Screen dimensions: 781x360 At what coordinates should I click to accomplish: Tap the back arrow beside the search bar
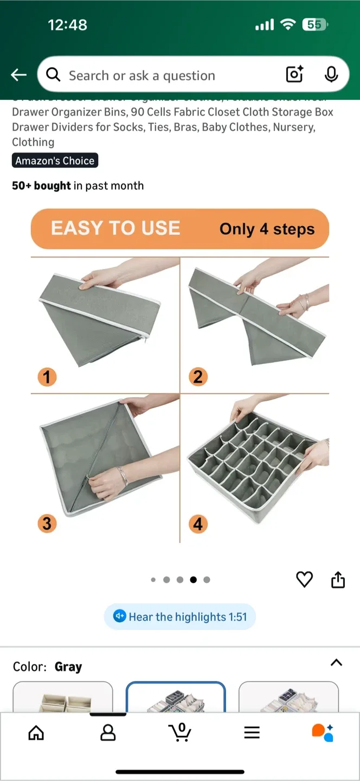[19, 75]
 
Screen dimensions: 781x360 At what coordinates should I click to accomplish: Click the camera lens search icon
[294, 75]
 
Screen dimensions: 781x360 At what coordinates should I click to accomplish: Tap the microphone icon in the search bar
[331, 75]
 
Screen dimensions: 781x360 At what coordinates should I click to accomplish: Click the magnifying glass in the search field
[53, 75]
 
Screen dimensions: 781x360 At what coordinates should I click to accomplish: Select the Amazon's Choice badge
[55, 161]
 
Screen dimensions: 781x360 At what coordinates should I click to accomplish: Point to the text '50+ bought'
[41, 185]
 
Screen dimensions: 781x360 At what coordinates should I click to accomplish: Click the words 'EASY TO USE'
[115, 228]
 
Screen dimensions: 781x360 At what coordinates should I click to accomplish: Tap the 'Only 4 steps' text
[267, 229]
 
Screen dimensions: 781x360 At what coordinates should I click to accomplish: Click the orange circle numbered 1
[47, 376]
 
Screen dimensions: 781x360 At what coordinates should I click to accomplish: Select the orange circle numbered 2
[198, 376]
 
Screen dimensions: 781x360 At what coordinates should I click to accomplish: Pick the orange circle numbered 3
[47, 523]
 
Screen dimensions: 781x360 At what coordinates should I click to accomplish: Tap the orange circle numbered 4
[198, 524]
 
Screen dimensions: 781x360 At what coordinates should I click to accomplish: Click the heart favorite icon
[304, 579]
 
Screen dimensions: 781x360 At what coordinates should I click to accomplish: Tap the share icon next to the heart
[338, 579]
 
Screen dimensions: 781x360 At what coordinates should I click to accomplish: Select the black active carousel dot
[193, 580]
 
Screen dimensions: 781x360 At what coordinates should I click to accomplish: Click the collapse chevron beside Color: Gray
[336, 662]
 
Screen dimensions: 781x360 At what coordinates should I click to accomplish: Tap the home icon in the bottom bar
[36, 733]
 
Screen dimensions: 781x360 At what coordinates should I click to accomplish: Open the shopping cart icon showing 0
[180, 732]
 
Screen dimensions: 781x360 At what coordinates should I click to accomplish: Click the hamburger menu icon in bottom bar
[252, 733]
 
